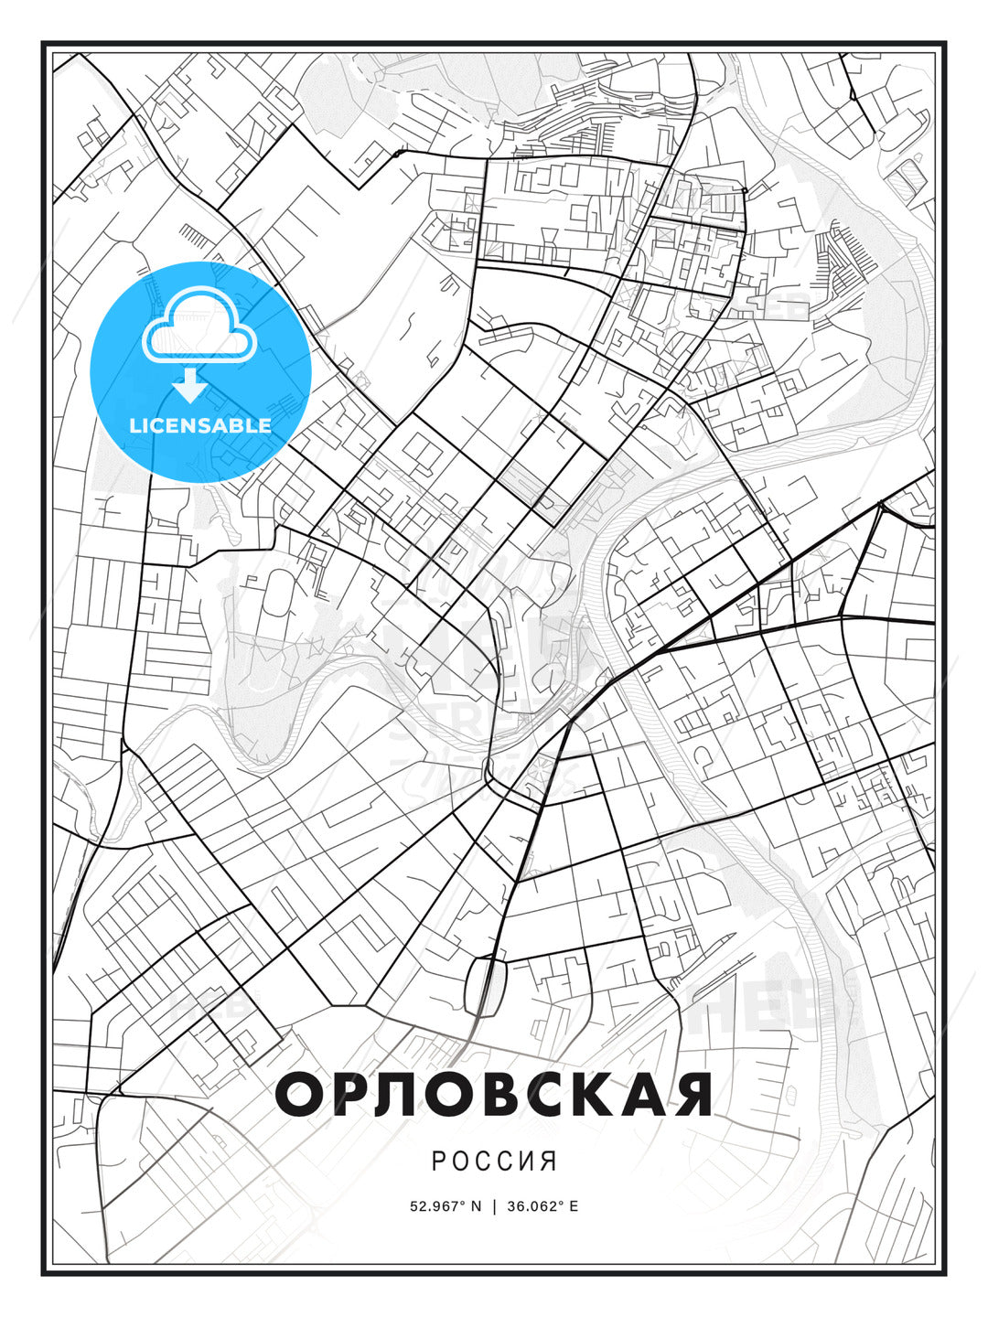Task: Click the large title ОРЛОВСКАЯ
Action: pyautogui.click(x=494, y=1095)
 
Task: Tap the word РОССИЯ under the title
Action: pyautogui.click(x=494, y=1162)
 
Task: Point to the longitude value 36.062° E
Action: pyautogui.click(x=542, y=1206)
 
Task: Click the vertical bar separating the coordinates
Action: pyautogui.click(x=495, y=1206)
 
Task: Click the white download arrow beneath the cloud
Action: pyautogui.click(x=190, y=387)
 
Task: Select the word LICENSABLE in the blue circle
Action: pyautogui.click(x=200, y=425)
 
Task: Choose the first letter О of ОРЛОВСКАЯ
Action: pyautogui.click(x=300, y=1095)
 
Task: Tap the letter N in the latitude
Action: pyautogui.click(x=475, y=1206)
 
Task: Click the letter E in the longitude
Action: pyautogui.click(x=573, y=1206)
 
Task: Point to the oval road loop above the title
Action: pyautogui.click(x=485, y=986)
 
